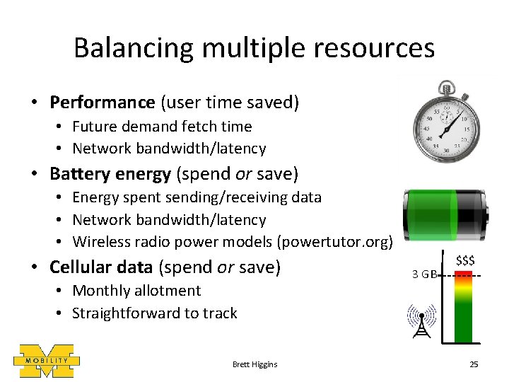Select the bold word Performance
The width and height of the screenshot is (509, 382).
(102, 103)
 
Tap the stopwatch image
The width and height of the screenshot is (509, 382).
(445, 123)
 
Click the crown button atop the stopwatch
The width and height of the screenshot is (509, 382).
(445, 88)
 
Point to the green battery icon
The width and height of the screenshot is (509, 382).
(445, 216)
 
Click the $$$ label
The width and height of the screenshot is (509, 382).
(465, 260)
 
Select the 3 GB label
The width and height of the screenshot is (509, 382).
(423, 274)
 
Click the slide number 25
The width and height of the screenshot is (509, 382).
(474, 364)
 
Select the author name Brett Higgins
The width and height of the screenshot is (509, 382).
(255, 364)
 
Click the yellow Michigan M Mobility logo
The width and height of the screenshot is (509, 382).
(47, 361)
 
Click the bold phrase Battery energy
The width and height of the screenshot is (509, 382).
(110, 174)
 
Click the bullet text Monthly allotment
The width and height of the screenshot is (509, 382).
(136, 291)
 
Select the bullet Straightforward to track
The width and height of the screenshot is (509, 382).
(155, 313)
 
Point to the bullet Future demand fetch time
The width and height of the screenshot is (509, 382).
(162, 127)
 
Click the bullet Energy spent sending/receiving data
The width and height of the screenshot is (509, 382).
(197, 197)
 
